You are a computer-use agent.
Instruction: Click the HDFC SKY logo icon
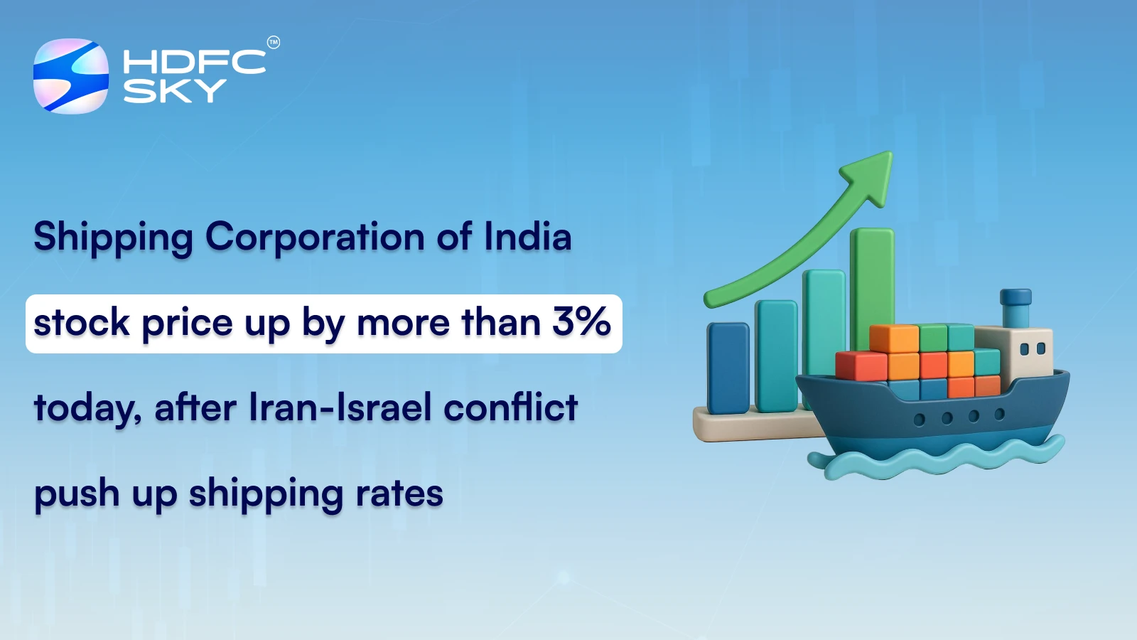[x=71, y=76]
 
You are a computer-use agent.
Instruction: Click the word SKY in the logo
[x=174, y=91]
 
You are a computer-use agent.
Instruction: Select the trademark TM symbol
[x=274, y=43]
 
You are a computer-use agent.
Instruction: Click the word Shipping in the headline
[x=113, y=238]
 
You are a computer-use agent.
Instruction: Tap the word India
[x=527, y=236]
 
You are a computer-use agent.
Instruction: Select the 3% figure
[x=581, y=321]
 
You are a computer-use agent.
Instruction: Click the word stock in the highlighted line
[x=81, y=323]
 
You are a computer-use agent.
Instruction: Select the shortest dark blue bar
[x=728, y=367]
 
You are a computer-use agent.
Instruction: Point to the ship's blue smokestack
[x=1015, y=306]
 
